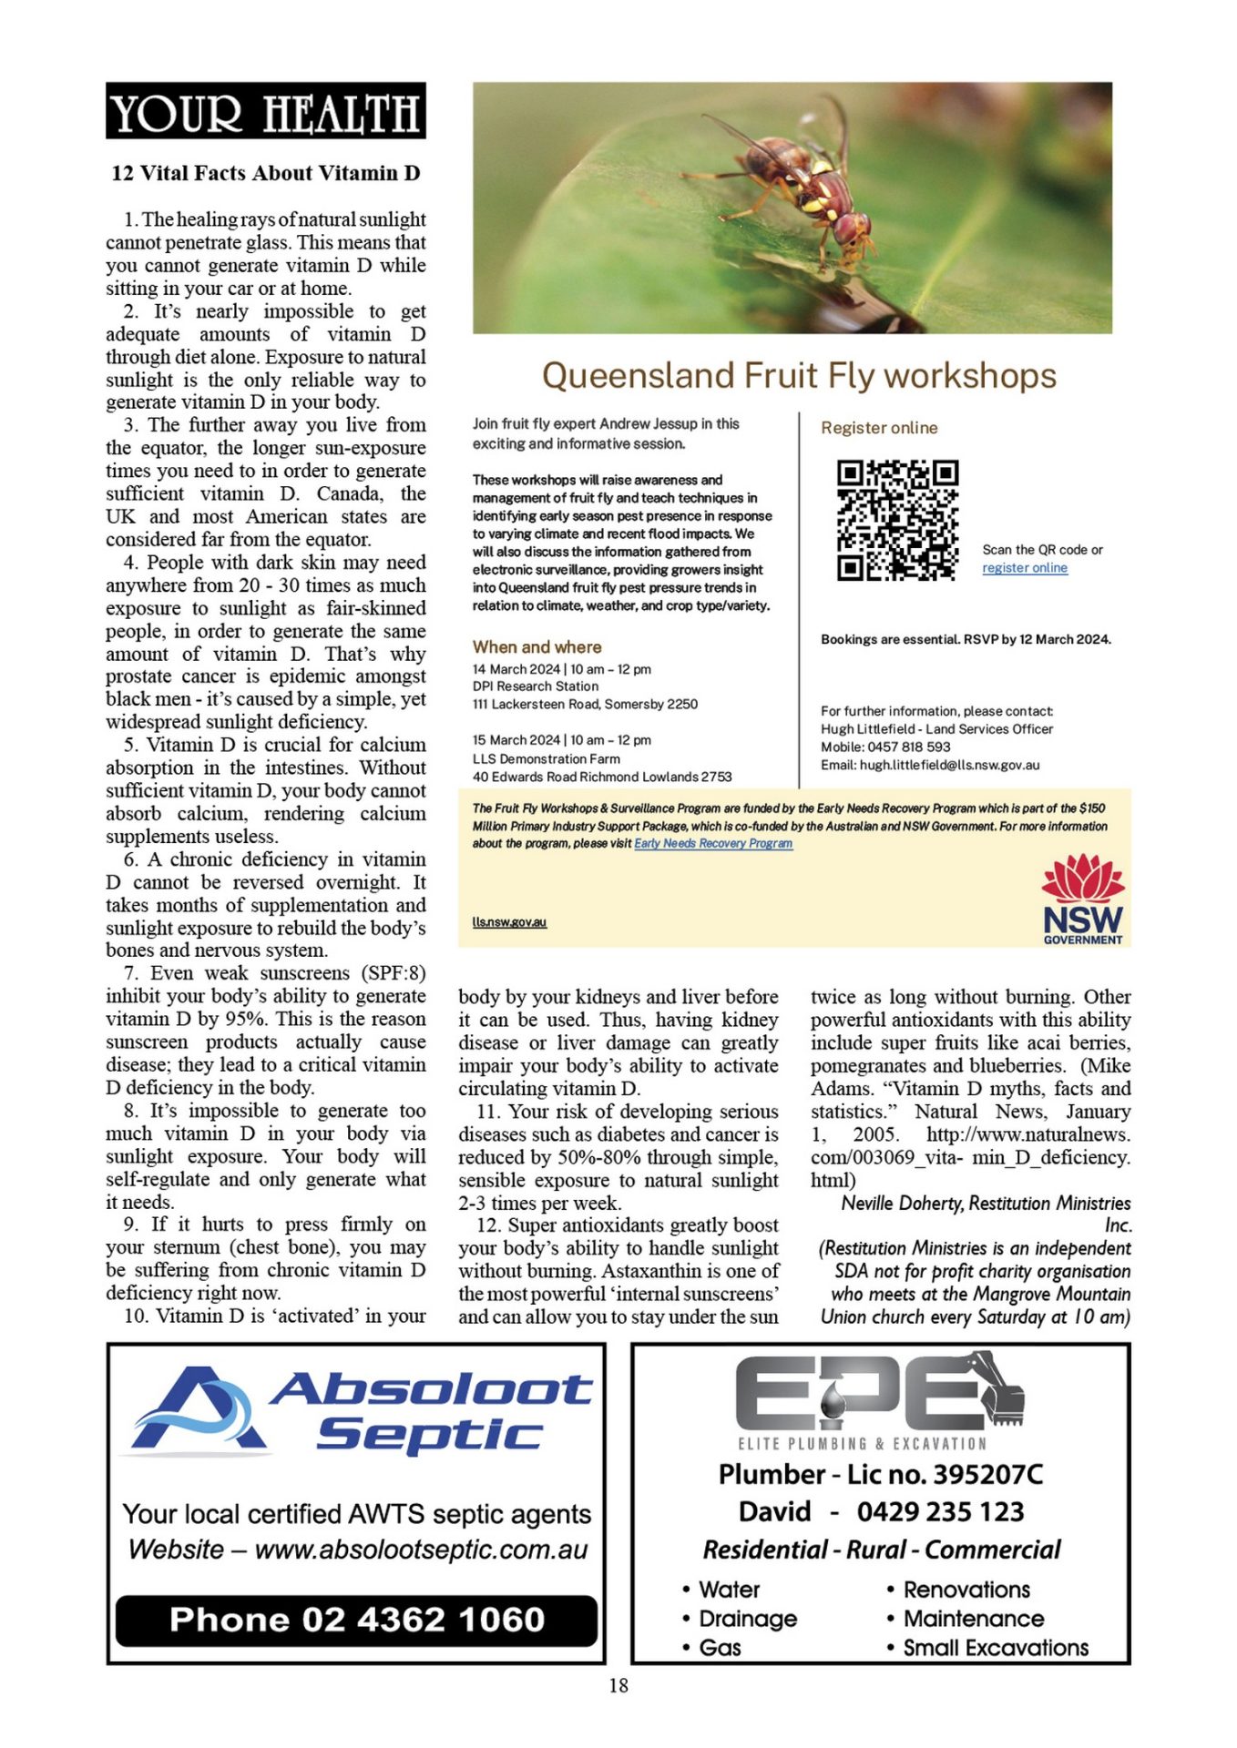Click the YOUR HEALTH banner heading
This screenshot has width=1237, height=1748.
point(265,112)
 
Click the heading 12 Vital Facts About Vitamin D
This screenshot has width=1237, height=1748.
point(265,173)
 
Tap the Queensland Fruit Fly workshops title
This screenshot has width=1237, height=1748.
point(799,375)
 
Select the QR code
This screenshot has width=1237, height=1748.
point(897,520)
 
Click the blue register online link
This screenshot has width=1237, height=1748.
point(1024,568)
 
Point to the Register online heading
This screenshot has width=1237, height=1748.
point(878,428)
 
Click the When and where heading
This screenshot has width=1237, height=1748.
point(537,647)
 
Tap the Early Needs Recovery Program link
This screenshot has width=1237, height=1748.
point(713,844)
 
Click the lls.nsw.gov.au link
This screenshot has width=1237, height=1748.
point(509,922)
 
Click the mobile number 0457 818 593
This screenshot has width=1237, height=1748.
point(908,747)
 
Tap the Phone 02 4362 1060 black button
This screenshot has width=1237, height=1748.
point(356,1620)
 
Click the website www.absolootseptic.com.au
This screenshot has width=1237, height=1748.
point(421,1550)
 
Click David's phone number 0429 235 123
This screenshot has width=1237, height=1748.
point(940,1512)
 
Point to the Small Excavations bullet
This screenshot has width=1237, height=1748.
point(995,1648)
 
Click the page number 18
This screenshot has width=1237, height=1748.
point(618,1686)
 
